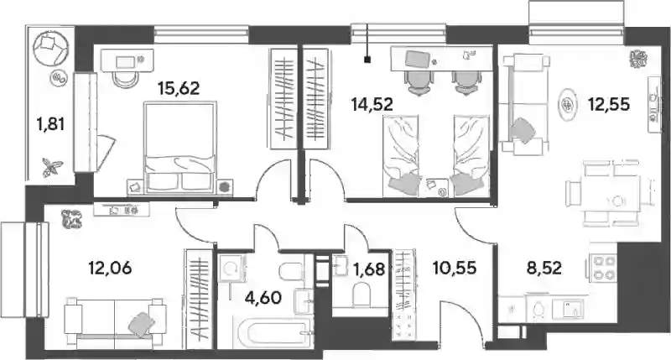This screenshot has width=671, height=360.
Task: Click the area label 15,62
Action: click(179, 89)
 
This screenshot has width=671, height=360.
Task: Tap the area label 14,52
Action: click(372, 104)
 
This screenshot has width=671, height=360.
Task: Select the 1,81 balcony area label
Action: click(50, 124)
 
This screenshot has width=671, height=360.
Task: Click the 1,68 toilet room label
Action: click(368, 269)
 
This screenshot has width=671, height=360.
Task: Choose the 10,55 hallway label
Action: click(454, 268)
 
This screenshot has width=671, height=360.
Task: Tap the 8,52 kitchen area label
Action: click(544, 268)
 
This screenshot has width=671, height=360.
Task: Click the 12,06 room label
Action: click(110, 269)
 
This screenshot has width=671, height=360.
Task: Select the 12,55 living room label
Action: click(609, 104)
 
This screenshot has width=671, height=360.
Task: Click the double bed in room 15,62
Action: click(179, 148)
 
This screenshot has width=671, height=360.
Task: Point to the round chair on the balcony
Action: click(51, 47)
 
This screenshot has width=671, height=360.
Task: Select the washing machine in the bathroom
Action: click(231, 268)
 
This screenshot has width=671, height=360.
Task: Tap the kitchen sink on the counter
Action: click(568, 309)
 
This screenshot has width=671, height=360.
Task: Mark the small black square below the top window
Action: click(367, 60)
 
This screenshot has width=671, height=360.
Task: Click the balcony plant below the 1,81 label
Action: click(52, 166)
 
